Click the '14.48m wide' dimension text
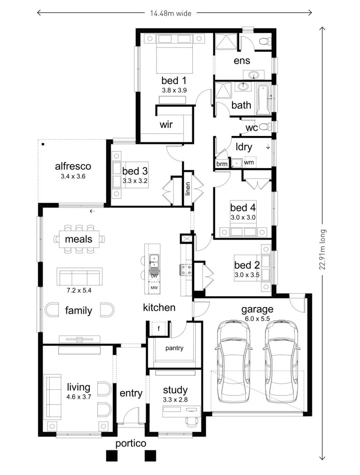[171, 13]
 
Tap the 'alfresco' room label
[73, 166]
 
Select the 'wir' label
[166, 125]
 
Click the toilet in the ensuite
[265, 42]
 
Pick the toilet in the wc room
[265, 127]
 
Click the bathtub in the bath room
[264, 99]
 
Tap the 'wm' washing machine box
[249, 163]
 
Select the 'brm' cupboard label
[222, 164]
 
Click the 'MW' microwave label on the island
[154, 288]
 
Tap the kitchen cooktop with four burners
[185, 269]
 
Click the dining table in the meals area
[79, 239]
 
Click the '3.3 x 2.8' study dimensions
[175, 399]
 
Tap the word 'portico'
[131, 443]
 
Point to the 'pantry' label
[174, 348]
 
